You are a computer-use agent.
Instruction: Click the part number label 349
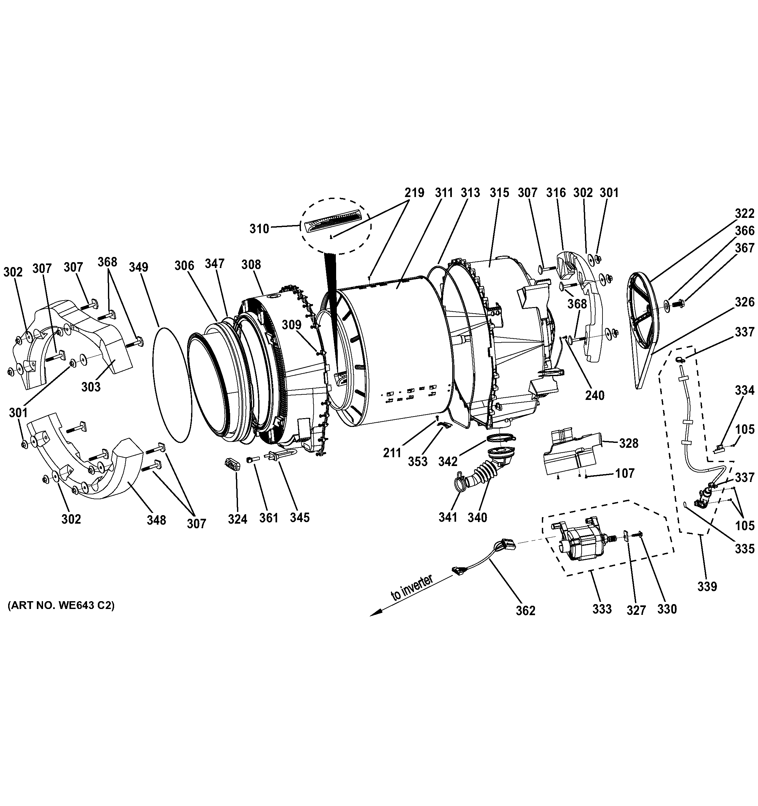tap(138, 267)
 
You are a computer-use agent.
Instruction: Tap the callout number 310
tap(259, 229)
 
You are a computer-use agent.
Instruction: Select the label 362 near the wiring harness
tap(526, 622)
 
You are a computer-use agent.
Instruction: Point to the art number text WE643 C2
tap(61, 606)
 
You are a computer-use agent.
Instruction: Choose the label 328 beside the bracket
tap(629, 444)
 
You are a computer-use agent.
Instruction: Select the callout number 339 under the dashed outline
tap(707, 586)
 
